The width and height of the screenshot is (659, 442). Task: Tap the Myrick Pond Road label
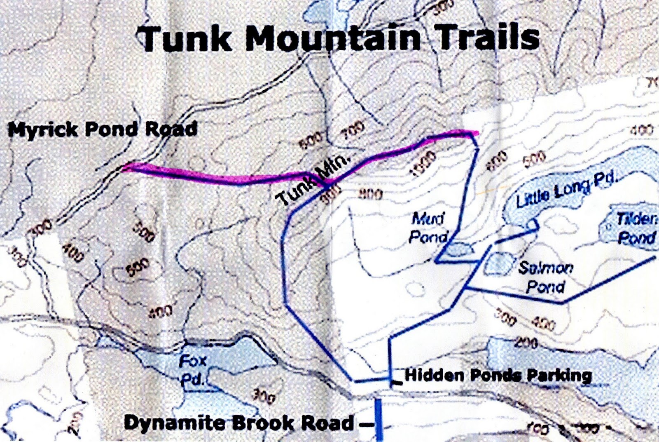click(103, 129)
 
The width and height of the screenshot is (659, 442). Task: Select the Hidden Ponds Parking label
click(498, 375)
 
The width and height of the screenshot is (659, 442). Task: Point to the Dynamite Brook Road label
click(238, 423)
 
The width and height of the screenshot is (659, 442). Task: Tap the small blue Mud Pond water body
click(459, 249)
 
